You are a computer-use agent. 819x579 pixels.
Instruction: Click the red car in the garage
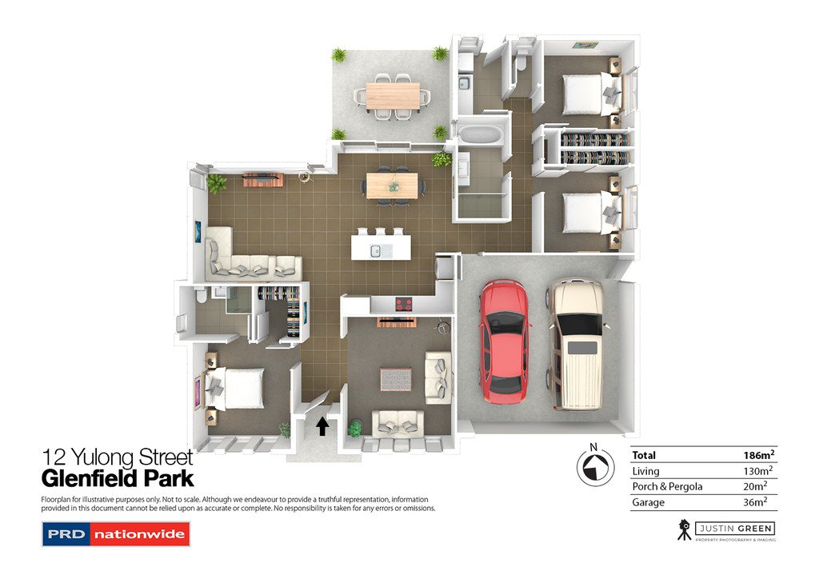click(x=504, y=340)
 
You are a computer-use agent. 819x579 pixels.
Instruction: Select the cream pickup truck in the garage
click(x=576, y=342)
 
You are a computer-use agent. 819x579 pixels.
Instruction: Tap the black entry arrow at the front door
click(x=322, y=426)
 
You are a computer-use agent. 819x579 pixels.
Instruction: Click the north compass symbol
click(x=593, y=466)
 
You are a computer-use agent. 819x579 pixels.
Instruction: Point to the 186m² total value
click(x=758, y=455)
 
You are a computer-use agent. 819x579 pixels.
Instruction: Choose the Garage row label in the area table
click(x=647, y=502)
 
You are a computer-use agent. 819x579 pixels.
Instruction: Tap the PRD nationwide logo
click(x=115, y=533)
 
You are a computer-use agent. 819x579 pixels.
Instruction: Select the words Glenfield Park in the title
click(x=118, y=479)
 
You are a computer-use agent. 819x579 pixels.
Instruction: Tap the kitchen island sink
click(x=374, y=252)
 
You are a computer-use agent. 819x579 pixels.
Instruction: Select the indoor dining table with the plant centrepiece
click(x=393, y=186)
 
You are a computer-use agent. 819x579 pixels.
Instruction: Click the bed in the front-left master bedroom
click(x=238, y=388)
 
